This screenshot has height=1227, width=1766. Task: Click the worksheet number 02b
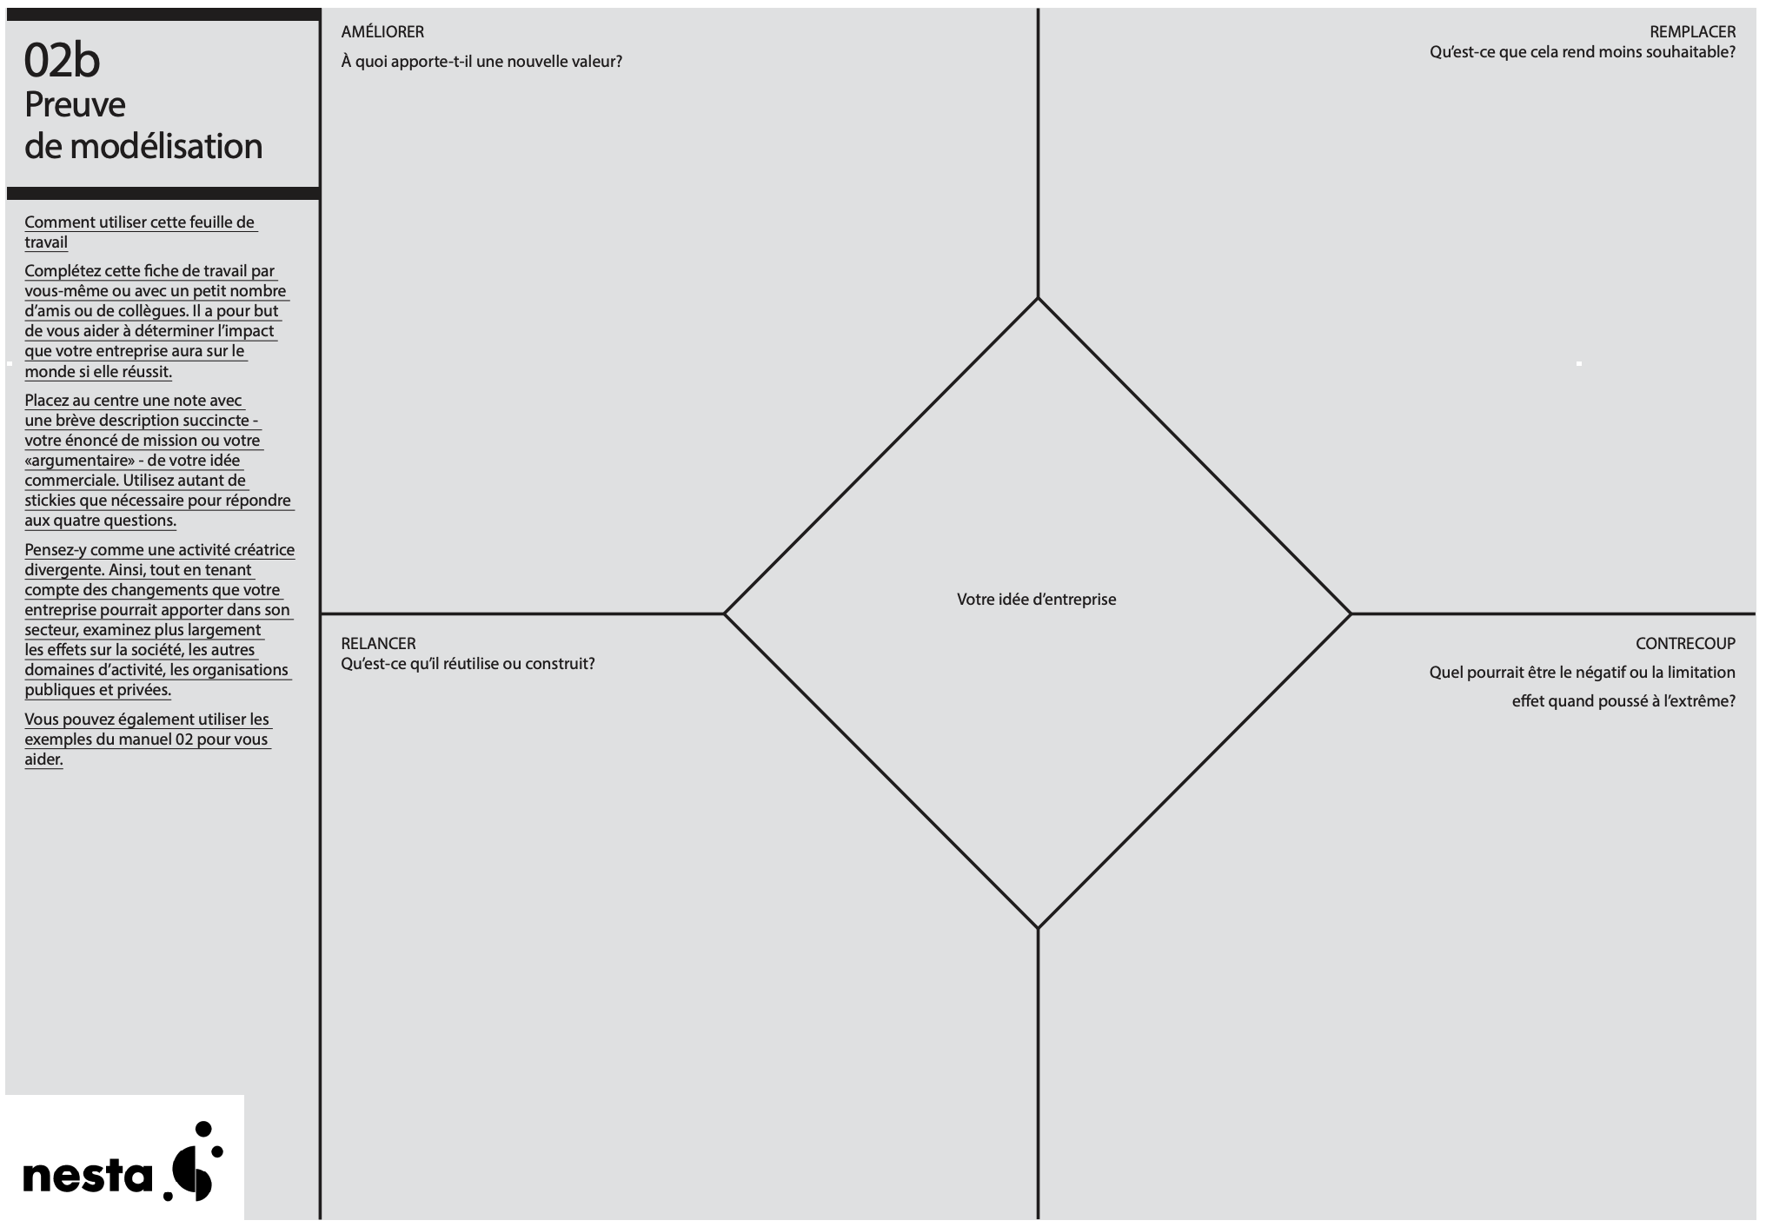62,61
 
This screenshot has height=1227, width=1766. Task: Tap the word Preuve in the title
75,105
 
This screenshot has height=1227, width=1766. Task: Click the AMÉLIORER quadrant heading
382,31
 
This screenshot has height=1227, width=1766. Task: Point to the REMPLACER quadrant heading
1692,31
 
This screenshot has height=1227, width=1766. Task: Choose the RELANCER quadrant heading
378,643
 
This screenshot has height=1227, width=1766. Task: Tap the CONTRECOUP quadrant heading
1685,643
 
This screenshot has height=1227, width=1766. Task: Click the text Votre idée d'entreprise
1036,599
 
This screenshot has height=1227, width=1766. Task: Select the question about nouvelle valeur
481,61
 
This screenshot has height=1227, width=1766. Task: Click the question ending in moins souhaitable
1583,52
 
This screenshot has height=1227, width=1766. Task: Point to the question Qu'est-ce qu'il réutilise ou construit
468,664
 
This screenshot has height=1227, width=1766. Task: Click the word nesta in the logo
87,1177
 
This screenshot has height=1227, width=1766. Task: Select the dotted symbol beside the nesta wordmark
194,1162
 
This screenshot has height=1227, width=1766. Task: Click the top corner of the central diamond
1038,298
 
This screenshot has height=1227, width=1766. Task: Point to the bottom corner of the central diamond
1038,928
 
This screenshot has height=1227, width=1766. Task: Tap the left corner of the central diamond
724,613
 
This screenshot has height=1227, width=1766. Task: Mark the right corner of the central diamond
1351,613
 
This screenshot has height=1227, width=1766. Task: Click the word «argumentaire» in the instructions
79,461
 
